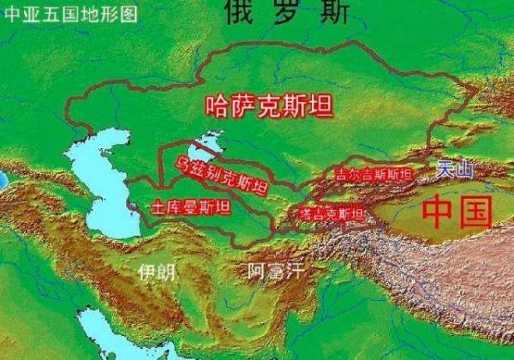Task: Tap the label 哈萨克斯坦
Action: click(270, 105)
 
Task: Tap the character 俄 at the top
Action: click(240, 11)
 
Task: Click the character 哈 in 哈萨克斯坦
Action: click(218, 106)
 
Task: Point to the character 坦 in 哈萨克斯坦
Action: click(322, 105)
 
